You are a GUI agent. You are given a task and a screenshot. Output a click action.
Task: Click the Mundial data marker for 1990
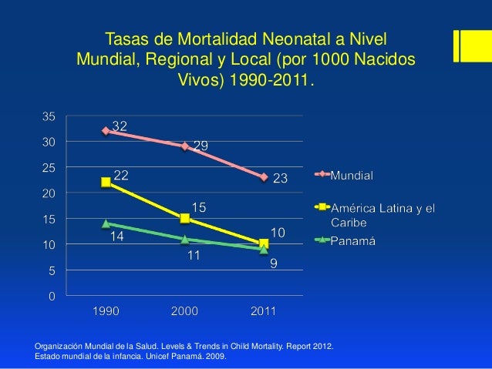point(106,131)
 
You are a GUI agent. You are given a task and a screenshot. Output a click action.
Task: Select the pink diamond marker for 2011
point(264,177)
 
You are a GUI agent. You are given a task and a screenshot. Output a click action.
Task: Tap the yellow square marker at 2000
point(185,219)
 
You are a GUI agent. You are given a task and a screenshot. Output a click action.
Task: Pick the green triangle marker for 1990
point(106,223)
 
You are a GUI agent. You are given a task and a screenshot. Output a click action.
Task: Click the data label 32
point(120,125)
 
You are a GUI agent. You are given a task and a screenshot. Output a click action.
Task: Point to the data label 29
point(201,145)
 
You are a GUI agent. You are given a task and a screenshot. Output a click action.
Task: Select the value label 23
point(280,178)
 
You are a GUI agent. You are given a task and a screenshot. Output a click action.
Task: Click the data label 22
point(122,175)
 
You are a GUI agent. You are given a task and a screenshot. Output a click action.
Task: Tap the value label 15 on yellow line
point(198,207)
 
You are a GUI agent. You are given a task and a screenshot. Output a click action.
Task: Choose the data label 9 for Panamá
point(274,263)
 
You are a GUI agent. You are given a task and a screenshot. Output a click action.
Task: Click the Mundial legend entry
point(352,176)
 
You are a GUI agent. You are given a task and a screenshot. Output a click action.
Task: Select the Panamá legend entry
point(352,241)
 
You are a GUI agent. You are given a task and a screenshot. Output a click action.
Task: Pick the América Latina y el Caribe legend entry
point(382,214)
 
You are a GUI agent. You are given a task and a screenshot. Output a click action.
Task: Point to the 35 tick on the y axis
point(48,116)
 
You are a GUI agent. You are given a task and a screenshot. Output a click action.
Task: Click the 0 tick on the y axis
point(51,296)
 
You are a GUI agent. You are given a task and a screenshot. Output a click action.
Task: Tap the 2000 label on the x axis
point(185,311)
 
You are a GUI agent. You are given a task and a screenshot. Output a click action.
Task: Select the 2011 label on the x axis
point(264,311)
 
